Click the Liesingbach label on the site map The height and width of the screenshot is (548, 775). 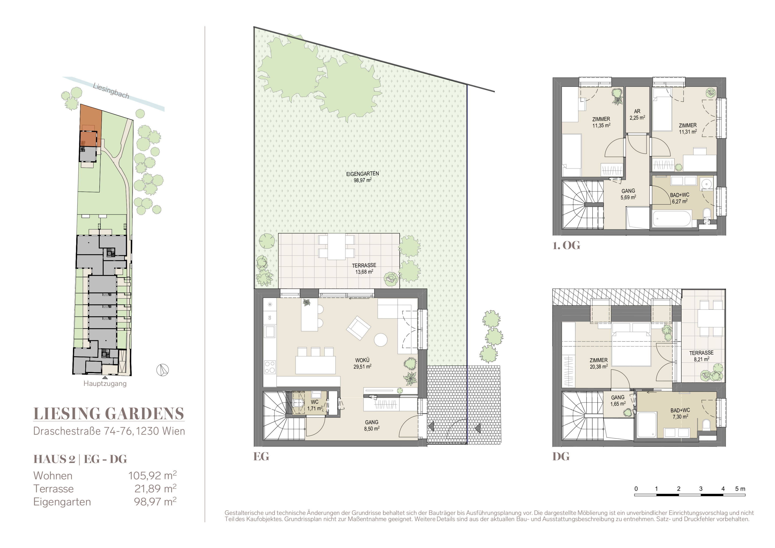[x=111, y=91]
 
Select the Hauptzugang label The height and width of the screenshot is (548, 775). [x=105, y=384]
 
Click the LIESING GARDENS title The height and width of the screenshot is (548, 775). [x=109, y=414]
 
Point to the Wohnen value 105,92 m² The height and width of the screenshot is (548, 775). [x=152, y=475]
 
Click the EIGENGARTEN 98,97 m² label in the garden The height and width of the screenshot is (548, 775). [x=362, y=177]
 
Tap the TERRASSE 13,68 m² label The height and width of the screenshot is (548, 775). [x=364, y=269]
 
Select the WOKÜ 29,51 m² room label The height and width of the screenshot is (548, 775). [x=362, y=363]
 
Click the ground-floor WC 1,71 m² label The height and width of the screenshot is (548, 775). [x=315, y=405]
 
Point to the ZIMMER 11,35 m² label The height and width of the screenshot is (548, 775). [x=601, y=122]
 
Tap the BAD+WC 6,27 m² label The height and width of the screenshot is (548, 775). [x=680, y=198]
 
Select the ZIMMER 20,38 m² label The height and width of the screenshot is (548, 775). [x=599, y=363]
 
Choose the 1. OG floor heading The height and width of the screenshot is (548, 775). [x=566, y=245]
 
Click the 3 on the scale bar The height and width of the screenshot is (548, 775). [x=701, y=489]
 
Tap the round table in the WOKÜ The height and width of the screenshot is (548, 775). [x=381, y=340]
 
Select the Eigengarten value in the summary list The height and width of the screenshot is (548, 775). [x=155, y=502]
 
